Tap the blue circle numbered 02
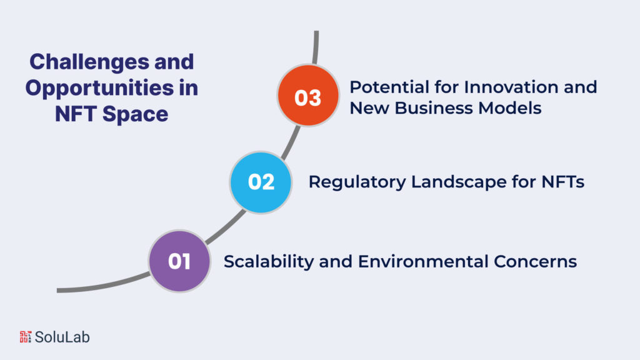click(261, 182)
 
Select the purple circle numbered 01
click(179, 261)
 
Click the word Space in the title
click(136, 114)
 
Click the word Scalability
click(268, 261)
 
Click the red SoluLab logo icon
click(25, 337)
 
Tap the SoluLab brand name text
click(62, 337)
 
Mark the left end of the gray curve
click(59, 291)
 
